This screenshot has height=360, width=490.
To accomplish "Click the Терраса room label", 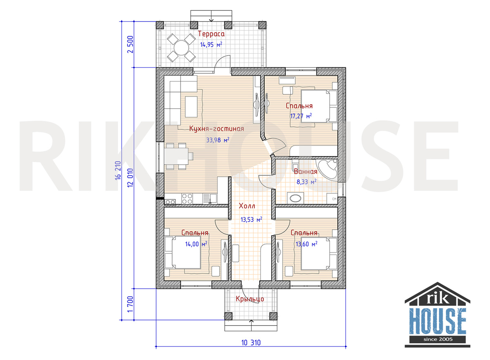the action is pyautogui.click(x=211, y=34).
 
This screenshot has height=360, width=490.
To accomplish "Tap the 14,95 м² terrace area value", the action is pyautogui.click(x=211, y=45).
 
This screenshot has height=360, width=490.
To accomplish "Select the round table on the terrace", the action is pyautogui.click(x=181, y=47).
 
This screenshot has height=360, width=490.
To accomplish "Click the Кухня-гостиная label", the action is pyautogui.click(x=216, y=129).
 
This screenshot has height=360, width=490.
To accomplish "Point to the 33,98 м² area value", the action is pyautogui.click(x=218, y=140).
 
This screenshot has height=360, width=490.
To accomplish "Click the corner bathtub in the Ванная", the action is pyautogui.click(x=327, y=169).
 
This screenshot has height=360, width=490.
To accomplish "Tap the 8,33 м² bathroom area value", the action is pyautogui.click(x=306, y=182).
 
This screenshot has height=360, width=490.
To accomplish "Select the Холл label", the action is pyautogui.click(x=247, y=206).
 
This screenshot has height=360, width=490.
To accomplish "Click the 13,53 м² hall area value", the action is pyautogui.click(x=252, y=219).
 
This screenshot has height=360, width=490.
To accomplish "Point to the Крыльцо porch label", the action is pyautogui.click(x=250, y=299).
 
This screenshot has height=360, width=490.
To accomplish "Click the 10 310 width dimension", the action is pyautogui.click(x=251, y=342).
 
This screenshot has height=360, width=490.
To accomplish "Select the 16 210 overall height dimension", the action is pyautogui.click(x=118, y=170).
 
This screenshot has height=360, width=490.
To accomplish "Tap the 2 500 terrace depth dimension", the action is pyautogui.click(x=130, y=45).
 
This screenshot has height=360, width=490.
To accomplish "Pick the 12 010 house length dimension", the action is pyautogui.click(x=130, y=178).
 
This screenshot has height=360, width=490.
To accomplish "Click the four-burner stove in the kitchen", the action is pyautogui.click(x=187, y=199).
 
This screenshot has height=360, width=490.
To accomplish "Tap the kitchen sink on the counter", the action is pyautogui.click(x=210, y=199).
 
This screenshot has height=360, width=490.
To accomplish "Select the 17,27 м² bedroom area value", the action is pyautogui.click(x=301, y=116).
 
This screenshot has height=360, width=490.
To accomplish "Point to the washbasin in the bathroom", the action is pyautogui.click(x=295, y=199).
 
